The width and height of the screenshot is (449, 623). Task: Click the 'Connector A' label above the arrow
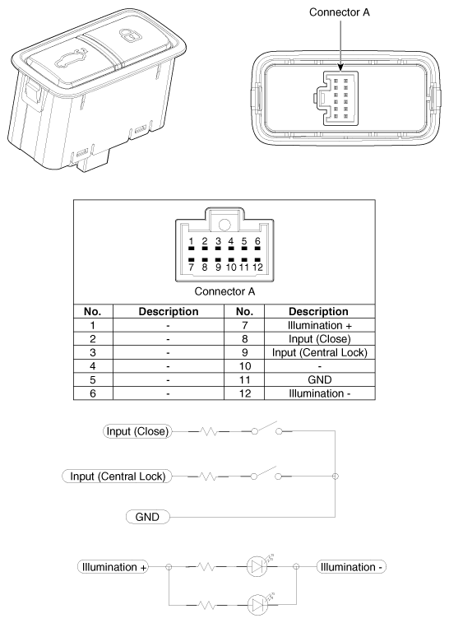coord(340,12)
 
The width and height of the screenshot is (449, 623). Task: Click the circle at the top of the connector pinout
coord(224,225)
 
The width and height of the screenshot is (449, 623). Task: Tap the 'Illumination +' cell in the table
coord(320,325)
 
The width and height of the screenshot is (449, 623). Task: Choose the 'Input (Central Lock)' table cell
coord(320,352)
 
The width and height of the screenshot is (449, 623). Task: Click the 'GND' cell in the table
coord(320,380)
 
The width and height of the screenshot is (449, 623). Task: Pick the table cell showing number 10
coord(244,366)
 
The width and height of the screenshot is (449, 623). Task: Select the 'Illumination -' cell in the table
coord(320,393)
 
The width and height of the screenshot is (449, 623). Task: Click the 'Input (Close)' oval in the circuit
coord(137,431)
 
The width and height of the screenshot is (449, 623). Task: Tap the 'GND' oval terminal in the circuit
coord(147,517)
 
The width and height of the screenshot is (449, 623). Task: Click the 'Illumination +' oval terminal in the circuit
coord(113,567)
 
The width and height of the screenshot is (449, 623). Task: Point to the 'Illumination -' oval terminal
coord(351,567)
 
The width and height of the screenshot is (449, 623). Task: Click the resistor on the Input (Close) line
coord(208,431)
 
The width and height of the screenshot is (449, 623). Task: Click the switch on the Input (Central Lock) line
coord(266,473)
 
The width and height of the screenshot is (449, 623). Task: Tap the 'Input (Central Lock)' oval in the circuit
coord(117,476)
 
